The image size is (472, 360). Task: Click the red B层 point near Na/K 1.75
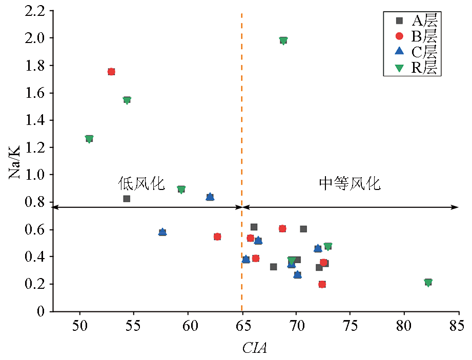click(x=111, y=72)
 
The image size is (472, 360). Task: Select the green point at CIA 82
click(x=428, y=282)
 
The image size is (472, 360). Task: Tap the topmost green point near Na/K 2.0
click(x=283, y=40)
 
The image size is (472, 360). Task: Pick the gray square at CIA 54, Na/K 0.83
click(x=127, y=199)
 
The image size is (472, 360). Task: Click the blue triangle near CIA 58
click(x=162, y=232)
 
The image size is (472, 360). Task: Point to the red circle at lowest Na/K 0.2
click(x=322, y=284)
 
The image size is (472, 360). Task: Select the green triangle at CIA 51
click(x=89, y=139)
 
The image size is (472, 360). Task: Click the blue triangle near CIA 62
click(x=210, y=197)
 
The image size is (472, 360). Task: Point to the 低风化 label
click(x=142, y=184)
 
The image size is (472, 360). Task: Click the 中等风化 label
click(x=350, y=184)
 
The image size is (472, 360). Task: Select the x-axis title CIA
click(x=255, y=349)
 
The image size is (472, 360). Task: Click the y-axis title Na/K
click(x=14, y=161)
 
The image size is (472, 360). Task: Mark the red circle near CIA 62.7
click(x=217, y=237)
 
